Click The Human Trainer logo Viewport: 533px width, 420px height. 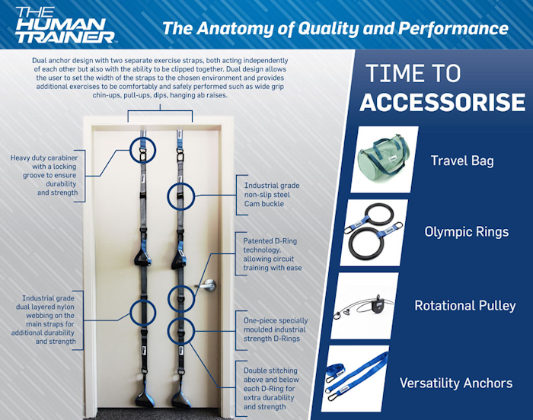65,24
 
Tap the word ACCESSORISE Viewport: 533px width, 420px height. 442,102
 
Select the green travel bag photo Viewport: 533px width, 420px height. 384,159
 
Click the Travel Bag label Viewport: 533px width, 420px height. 462,161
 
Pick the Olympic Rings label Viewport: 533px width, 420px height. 466,232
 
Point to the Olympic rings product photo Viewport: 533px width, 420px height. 374,232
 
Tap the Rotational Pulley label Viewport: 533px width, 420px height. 465,305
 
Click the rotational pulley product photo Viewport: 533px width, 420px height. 365,305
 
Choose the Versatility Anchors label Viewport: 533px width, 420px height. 456,383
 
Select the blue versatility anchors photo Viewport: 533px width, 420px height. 355,379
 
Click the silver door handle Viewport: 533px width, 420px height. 207,285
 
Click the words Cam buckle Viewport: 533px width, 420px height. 263,204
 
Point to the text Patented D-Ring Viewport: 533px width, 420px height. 270,241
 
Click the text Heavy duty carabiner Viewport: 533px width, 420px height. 44,157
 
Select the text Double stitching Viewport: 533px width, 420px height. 270,371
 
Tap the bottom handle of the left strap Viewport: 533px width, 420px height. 144,394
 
